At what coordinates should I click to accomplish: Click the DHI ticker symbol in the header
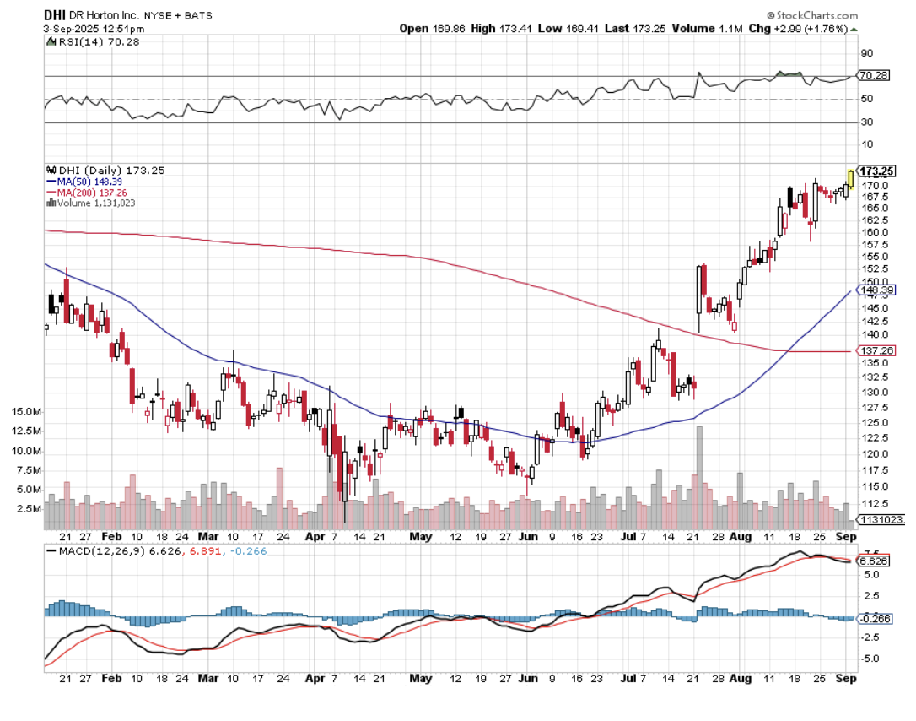pyautogui.click(x=55, y=15)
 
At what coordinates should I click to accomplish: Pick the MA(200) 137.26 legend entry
pyautogui.click(x=91, y=192)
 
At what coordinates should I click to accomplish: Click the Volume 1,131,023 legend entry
pyautogui.click(x=95, y=203)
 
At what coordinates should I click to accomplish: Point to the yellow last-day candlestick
pyautogui.click(x=850, y=178)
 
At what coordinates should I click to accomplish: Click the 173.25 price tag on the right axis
pyautogui.click(x=876, y=171)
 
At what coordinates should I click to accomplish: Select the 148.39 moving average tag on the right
pyautogui.click(x=876, y=290)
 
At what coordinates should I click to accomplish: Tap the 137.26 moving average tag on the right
pyautogui.click(x=876, y=350)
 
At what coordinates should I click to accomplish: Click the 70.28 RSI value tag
pyautogui.click(x=873, y=76)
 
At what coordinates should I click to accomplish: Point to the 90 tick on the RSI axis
pyautogui.click(x=866, y=53)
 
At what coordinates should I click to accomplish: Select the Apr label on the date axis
pyautogui.click(x=314, y=537)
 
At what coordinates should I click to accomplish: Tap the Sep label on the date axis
pyautogui.click(x=847, y=537)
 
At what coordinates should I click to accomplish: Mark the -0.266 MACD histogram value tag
pyautogui.click(x=875, y=619)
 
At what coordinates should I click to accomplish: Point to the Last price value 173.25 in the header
pyautogui.click(x=649, y=28)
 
